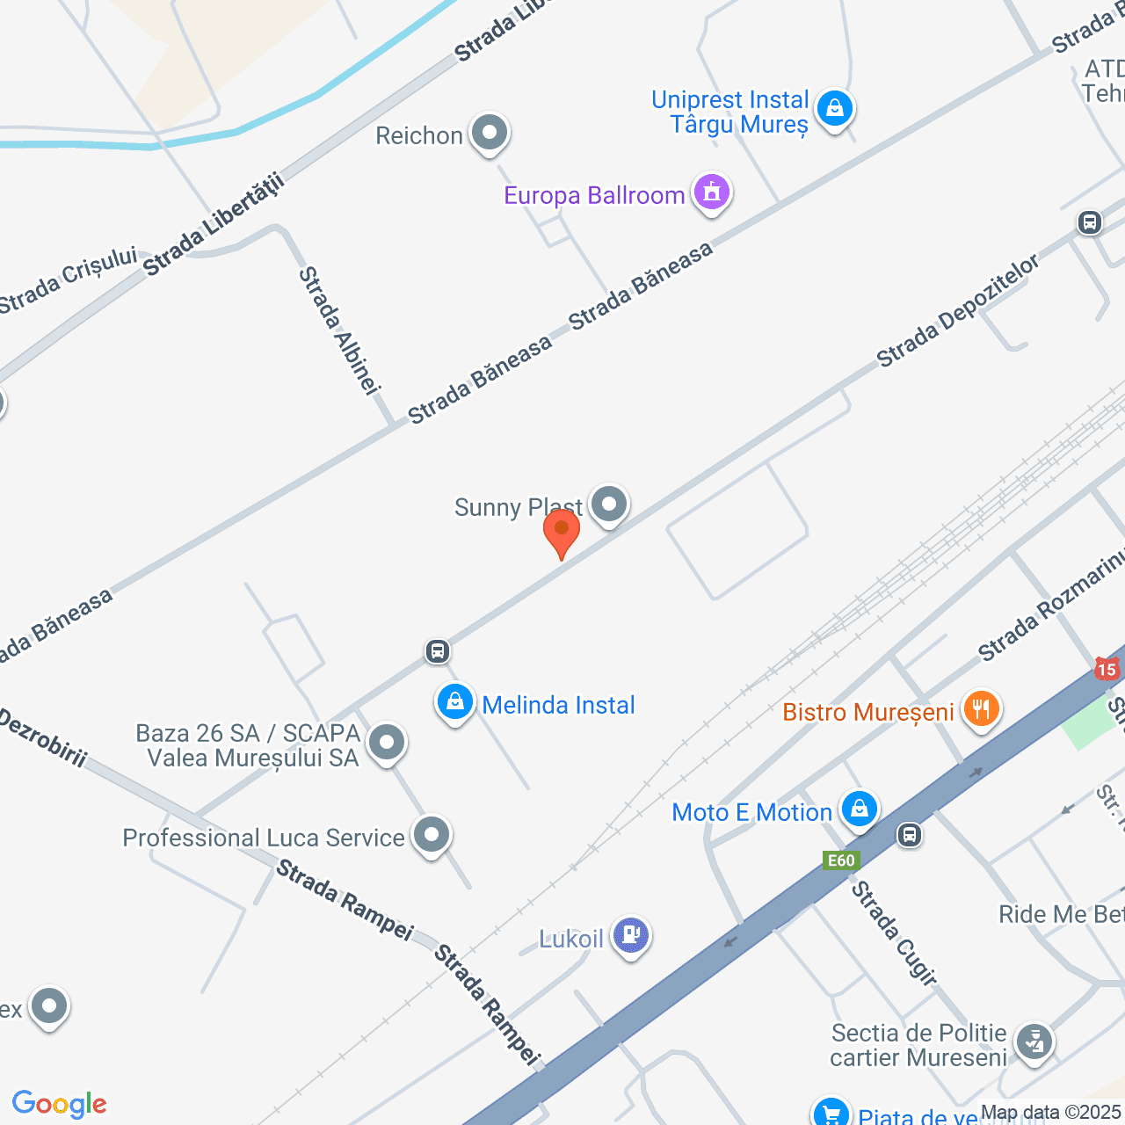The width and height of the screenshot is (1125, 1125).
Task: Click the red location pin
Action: point(561,531)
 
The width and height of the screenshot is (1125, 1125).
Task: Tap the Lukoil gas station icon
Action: point(630,934)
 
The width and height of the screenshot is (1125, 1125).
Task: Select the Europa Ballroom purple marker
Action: point(712,191)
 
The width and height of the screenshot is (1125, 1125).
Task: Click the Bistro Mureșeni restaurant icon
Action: point(981,708)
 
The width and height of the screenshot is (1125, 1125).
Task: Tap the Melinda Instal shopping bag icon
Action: point(455,702)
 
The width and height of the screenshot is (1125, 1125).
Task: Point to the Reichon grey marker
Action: point(490,133)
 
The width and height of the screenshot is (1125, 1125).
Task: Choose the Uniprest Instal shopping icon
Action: point(834,108)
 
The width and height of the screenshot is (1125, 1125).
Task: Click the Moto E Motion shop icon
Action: point(859,809)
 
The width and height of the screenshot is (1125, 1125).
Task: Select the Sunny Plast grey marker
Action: point(609,504)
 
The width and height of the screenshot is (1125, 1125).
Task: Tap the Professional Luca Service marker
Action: point(431,834)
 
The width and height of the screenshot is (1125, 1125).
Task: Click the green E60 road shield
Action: point(841,860)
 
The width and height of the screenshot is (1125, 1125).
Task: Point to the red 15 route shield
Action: point(1107,669)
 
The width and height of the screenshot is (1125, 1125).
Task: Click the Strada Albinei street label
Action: point(338,330)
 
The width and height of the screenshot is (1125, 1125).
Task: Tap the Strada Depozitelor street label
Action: point(958,310)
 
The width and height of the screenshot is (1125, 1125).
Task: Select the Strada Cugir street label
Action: point(894,933)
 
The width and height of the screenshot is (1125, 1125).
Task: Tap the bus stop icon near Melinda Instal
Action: point(438,651)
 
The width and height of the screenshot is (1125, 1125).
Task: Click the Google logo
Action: point(59,1104)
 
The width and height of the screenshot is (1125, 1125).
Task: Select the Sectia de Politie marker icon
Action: point(1034,1042)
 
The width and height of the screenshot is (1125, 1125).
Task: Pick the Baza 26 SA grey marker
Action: point(386,743)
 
